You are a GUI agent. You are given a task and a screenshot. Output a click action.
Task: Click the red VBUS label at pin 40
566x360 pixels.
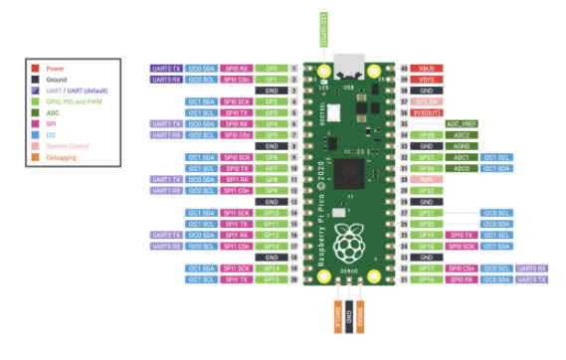tap(428, 68)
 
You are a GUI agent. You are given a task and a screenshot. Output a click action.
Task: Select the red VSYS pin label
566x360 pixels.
tap(428, 79)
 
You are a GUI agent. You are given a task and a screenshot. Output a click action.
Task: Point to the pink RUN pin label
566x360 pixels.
tap(428, 179)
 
